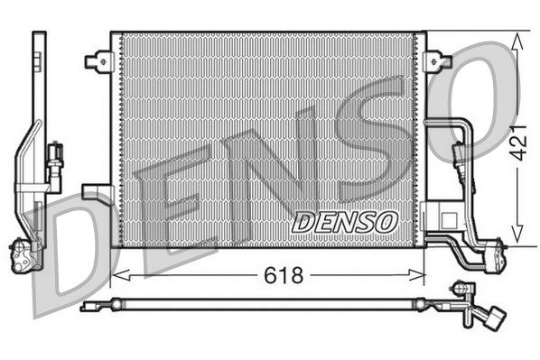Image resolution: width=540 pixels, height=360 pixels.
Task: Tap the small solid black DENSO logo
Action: (345, 220)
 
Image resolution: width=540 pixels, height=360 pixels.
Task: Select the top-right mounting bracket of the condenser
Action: (439, 61)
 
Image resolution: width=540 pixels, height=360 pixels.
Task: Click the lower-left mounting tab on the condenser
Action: (95, 192)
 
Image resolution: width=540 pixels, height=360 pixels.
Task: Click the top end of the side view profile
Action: (38, 36)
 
